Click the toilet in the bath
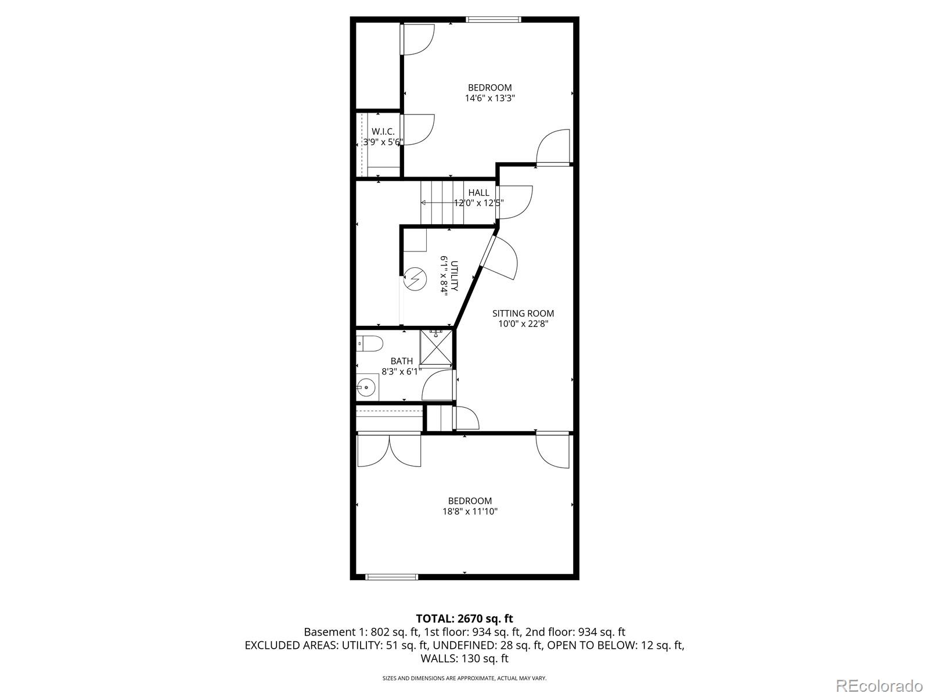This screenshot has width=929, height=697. (x=369, y=344)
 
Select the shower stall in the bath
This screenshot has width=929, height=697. (x=435, y=347)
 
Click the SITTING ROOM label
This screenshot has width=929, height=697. (x=523, y=314)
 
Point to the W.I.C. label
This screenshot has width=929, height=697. (x=383, y=132)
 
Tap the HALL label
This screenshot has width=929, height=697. (x=478, y=193)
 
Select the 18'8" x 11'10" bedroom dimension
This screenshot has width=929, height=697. (x=470, y=512)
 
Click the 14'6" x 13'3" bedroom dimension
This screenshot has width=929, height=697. (x=490, y=98)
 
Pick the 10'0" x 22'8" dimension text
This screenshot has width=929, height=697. (x=523, y=324)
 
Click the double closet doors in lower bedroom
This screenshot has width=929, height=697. (x=389, y=450)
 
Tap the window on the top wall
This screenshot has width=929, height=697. (x=494, y=20)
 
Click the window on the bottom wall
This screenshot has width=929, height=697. (x=391, y=577)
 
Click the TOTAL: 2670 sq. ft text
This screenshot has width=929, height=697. (x=464, y=619)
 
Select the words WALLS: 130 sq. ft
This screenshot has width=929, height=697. (x=464, y=659)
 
